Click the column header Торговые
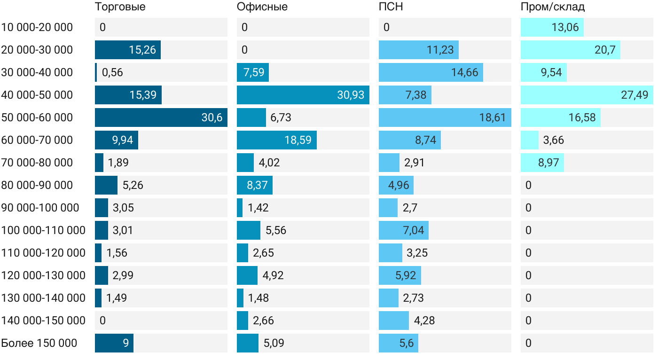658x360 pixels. point(120,7)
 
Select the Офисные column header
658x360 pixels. point(262,7)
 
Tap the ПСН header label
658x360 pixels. point(391,7)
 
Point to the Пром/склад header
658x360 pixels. point(553,7)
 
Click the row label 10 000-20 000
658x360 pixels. point(37,27)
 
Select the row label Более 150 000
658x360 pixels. point(39,343)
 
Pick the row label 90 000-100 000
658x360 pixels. point(40,208)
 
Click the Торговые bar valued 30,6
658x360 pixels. point(161,117)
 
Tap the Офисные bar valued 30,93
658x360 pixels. point(303,95)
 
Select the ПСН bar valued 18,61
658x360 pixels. point(445,117)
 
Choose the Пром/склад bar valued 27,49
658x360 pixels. point(587,95)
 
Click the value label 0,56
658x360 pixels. point(112,72)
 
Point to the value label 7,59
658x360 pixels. point(254,72)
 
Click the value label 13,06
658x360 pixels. point(565,27)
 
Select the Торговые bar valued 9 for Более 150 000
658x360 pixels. point(114,343)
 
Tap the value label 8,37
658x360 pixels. point(258,185)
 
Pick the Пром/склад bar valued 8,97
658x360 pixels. point(542,163)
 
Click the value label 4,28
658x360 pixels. point(424,321)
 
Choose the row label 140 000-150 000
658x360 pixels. point(43,321)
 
